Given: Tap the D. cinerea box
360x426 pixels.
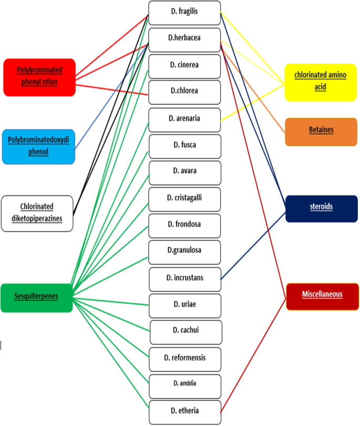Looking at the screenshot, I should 184,65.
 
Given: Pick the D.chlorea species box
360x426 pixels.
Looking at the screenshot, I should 184,92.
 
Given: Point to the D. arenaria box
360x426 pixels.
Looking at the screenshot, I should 184,119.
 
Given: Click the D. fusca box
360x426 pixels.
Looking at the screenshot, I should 184,146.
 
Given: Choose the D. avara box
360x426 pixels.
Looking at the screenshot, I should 184,172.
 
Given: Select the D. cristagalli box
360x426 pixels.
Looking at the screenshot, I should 184,199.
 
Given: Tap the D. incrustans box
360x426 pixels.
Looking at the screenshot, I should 184,279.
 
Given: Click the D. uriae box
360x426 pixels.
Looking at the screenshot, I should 184,305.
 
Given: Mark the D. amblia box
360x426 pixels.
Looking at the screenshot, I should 184,384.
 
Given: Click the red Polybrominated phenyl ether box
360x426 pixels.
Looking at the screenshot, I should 39,77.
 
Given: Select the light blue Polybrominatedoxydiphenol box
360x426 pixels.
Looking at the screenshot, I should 38,147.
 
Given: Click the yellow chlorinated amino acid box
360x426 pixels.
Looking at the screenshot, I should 321,82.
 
